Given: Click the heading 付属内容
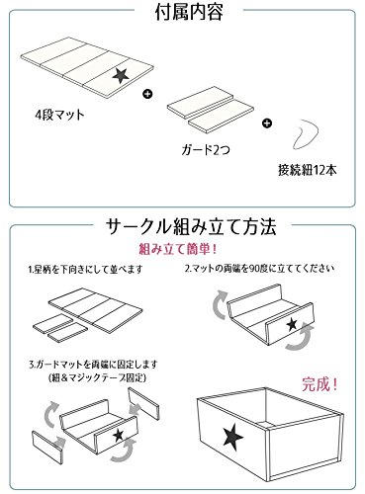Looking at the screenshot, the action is click(x=189, y=12).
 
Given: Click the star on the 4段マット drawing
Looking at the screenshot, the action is click(x=121, y=75).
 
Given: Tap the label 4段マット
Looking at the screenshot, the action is click(x=59, y=115).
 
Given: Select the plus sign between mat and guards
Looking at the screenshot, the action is click(x=147, y=94).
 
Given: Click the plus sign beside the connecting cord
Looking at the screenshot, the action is click(x=267, y=123).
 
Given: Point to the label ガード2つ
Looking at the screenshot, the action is click(x=206, y=150).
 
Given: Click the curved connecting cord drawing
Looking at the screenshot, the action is click(x=305, y=135).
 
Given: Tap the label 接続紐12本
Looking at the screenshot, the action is click(x=308, y=170).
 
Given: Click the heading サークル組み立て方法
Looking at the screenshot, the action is click(x=191, y=227).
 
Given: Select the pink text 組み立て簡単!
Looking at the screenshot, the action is click(x=178, y=249).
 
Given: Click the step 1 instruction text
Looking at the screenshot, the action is click(x=85, y=270).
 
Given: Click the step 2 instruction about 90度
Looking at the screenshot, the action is click(x=259, y=269).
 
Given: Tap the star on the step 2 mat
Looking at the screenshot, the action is click(x=292, y=325).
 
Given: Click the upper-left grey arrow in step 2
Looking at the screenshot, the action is click(x=218, y=303).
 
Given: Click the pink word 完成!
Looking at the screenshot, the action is click(x=319, y=384).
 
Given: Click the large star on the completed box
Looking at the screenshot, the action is click(x=233, y=439).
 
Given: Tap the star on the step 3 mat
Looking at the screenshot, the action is click(x=118, y=436).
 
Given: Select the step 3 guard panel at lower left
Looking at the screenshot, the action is click(x=47, y=447).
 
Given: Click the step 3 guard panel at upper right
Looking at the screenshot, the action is click(x=143, y=403).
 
